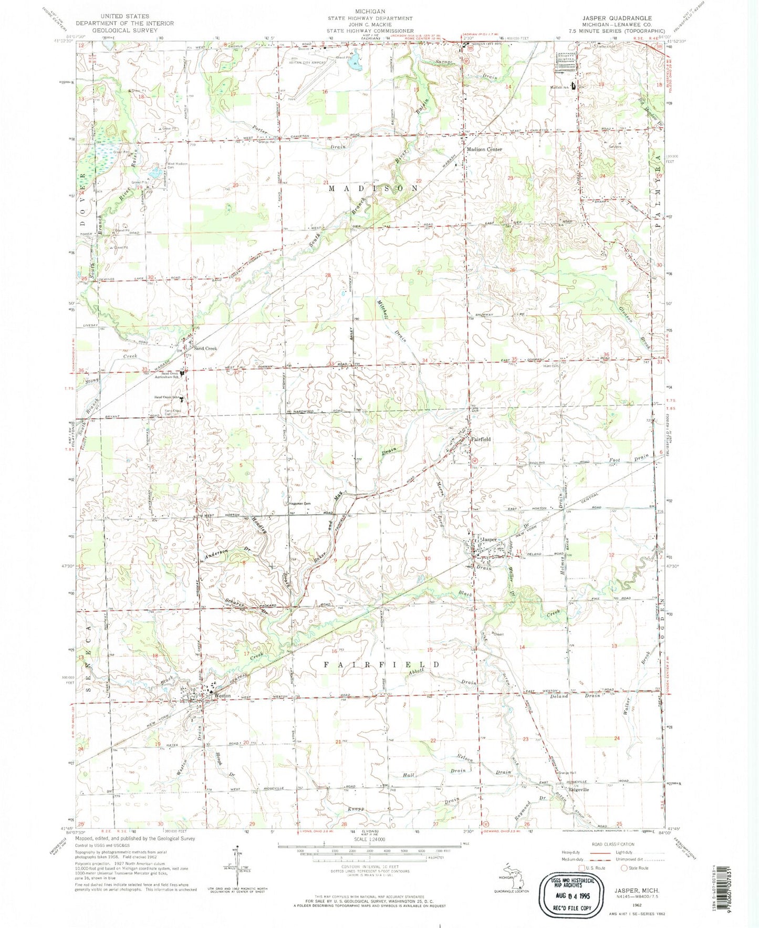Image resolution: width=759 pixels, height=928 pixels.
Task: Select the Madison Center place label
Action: click(484, 149)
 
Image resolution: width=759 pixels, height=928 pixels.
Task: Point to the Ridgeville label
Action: click(578, 789)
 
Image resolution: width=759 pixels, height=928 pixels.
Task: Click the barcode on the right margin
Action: click(751, 882)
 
